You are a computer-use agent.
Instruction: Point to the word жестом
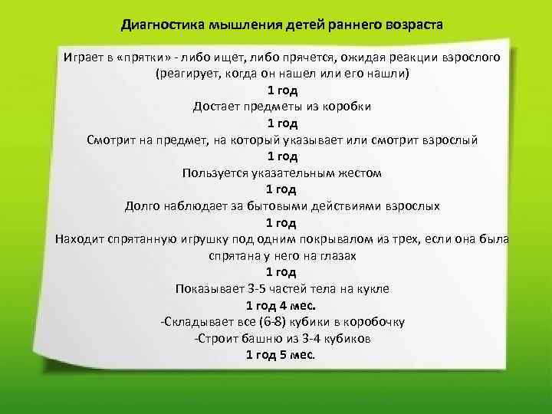click(356, 173)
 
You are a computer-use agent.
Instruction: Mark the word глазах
click(338, 256)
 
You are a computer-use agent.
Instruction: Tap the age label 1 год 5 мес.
click(281, 355)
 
